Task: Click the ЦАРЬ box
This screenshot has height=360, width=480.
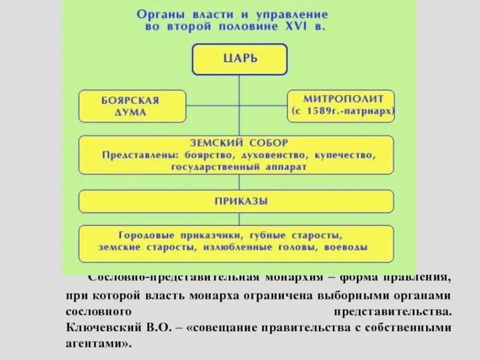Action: tap(239, 59)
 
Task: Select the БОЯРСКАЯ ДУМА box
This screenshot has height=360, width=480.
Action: tap(123, 106)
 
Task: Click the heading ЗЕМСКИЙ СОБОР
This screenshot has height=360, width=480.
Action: tap(240, 143)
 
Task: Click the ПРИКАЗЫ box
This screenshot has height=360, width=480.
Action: tap(236, 201)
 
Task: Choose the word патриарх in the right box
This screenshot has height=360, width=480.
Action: tap(373, 112)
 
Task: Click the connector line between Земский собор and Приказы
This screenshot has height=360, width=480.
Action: tap(239, 182)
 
